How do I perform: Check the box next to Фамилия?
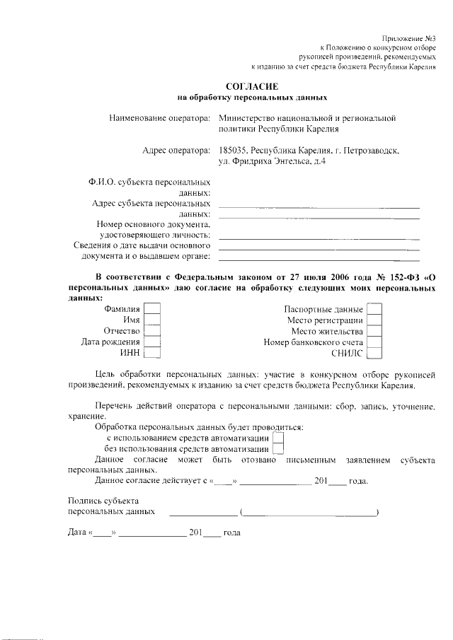[x=152, y=309]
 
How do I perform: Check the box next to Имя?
[x=152, y=320]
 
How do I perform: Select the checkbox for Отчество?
[x=152, y=331]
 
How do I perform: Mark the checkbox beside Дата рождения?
[x=152, y=342]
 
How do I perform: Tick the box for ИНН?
[x=152, y=354]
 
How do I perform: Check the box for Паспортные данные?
[x=375, y=309]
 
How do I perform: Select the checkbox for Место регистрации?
[x=375, y=320]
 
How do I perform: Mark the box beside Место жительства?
[x=375, y=331]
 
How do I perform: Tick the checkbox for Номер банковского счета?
[x=375, y=342]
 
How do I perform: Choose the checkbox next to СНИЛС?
[x=375, y=354]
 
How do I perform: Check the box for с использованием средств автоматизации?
[x=278, y=438]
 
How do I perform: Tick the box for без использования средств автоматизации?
[x=278, y=449]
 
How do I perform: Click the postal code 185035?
[x=235, y=150]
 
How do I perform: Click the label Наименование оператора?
[x=160, y=119]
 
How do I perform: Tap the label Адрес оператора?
[x=176, y=150]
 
